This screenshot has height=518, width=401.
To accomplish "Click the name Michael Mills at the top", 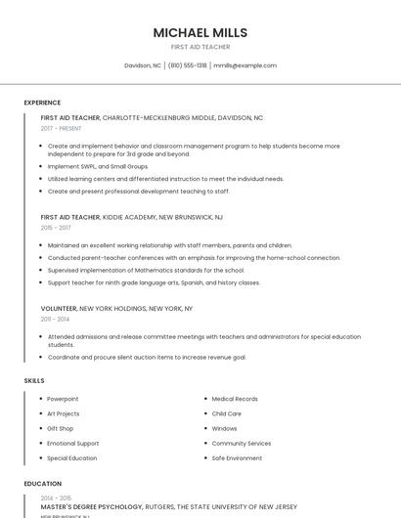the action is coord(200,32).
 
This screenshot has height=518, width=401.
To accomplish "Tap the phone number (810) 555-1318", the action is coord(187,65).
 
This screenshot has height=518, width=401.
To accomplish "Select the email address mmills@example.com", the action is coord(245,65).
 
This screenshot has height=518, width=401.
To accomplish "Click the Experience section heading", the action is coord(42,103).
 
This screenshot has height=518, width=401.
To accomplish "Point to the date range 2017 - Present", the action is coord(62,128).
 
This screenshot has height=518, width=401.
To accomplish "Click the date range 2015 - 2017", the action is coord(56,227).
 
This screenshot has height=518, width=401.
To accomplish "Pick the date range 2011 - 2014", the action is coord(55,319).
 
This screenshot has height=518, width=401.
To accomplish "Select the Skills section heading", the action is coord(33,379).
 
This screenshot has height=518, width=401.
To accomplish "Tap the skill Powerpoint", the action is coord(63,399).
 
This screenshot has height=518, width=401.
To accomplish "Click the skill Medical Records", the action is coord(235,399).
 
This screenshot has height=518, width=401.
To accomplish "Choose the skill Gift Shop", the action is coord(61,428).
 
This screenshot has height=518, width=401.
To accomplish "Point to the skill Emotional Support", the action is coord(73,443).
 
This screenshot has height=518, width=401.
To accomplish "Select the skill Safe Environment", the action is coord(237,457).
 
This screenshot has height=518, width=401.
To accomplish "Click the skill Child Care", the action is coord(226,413).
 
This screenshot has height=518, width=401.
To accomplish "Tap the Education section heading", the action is coord(42,484).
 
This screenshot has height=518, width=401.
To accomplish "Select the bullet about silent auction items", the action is coord(147,357).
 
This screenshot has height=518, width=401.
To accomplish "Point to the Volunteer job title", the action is coord(59,308).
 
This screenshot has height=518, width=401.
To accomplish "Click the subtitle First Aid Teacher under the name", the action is coord(200,47).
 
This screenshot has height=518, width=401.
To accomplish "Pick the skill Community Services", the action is coord(242,443).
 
